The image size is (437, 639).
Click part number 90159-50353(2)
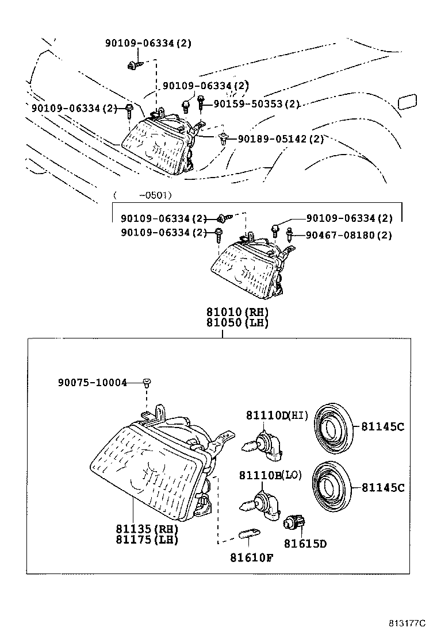pyautogui.click(x=256, y=104)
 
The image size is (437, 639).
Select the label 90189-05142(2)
pyautogui.click(x=281, y=139)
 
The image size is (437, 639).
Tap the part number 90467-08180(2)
pyautogui.click(x=348, y=235)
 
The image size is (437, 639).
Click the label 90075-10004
pyautogui.click(x=92, y=382)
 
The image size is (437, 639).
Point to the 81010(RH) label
pyautogui.click(x=238, y=312)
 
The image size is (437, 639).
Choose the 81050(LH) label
pyautogui.click(x=238, y=323)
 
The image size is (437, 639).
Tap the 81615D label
pyautogui.click(x=305, y=543)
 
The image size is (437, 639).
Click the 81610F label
pyautogui.click(x=252, y=557)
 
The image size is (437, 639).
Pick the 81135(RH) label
pyautogui.click(x=147, y=529)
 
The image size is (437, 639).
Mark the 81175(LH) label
pyautogui.click(x=147, y=540)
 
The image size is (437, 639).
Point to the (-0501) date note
pyautogui.click(x=141, y=195)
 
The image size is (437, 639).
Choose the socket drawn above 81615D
pyautogui.click(x=294, y=522)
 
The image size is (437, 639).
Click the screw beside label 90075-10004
pyautogui.click(x=147, y=382)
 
